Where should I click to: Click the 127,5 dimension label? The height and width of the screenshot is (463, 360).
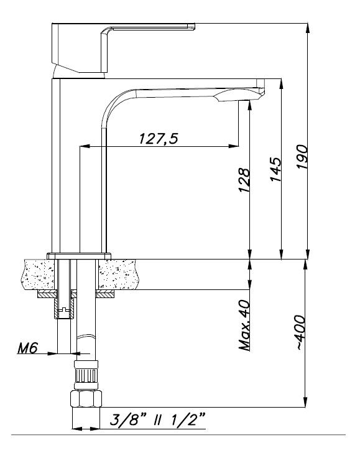159,139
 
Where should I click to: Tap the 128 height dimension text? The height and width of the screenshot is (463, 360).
244,180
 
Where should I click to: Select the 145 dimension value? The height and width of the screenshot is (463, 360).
275,169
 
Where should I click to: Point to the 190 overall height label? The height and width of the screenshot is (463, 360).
302,156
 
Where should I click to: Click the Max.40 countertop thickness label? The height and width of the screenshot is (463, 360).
244,325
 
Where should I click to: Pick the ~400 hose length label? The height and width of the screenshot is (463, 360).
300,332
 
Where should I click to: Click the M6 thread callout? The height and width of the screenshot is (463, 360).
27,348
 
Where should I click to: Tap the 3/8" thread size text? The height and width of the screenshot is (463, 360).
128,419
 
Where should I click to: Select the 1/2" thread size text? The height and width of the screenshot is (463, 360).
188,419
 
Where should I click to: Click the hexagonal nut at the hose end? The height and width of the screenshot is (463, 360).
86,399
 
